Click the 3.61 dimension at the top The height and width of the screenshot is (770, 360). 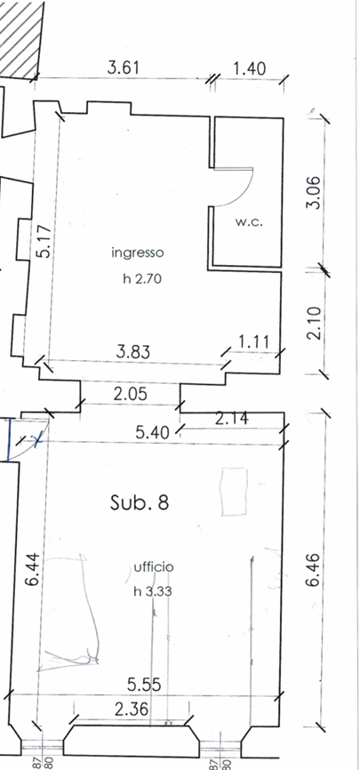coord(124,68)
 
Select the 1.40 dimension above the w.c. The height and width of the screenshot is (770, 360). coord(249,68)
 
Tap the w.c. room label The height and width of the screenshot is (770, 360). coord(249,222)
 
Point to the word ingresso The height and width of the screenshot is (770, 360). coord(137,253)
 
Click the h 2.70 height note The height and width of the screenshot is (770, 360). coord(142,279)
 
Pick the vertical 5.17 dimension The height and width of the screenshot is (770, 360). coord(44,242)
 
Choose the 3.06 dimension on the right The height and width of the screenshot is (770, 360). coord(314,192)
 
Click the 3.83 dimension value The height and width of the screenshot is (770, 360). coord(133,351)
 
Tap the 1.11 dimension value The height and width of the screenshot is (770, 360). coord(253,341)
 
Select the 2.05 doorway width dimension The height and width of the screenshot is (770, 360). coord(130,393)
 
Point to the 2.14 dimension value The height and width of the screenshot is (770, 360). coord(232,419)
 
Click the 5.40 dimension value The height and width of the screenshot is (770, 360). coord(153,433)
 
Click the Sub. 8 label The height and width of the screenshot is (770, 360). coord(140,503)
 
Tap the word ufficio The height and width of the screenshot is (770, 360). coord(154,567)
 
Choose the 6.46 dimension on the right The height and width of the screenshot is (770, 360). coord(313,570)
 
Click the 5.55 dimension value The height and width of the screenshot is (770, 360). coord(144,685)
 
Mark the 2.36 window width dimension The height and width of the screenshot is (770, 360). coord(132,710)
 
